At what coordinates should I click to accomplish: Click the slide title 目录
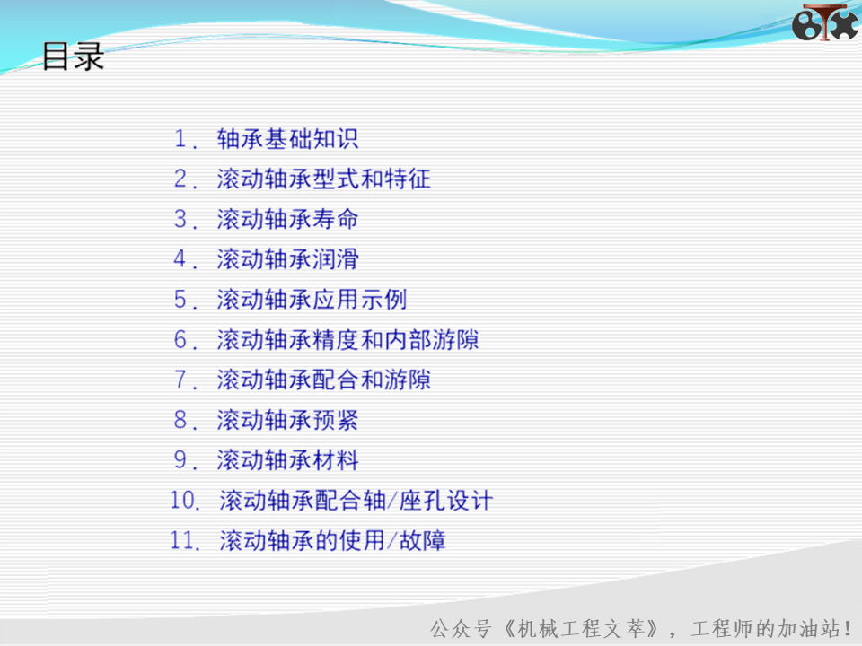[73, 57]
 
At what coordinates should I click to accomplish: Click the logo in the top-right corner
[824, 22]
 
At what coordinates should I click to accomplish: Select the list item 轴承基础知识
[287, 139]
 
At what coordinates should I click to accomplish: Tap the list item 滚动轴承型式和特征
[323, 179]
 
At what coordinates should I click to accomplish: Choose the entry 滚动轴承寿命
[287, 219]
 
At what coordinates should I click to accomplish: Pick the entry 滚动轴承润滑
[287, 259]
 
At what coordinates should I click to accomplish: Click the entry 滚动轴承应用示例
[312, 300]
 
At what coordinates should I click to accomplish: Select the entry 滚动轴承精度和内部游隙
[347, 339]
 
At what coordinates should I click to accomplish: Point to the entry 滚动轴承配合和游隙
[323, 380]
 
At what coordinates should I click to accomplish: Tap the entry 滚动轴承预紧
[287, 420]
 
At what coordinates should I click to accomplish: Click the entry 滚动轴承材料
[287, 460]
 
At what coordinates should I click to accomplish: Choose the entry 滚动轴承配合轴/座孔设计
[356, 501]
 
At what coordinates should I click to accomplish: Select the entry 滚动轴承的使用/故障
[332, 540]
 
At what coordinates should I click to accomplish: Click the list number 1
[180, 138]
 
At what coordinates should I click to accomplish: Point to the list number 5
[180, 300]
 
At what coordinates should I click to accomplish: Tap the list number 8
[180, 420]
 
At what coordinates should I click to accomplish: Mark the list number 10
[183, 501]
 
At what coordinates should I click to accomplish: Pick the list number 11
[183, 540]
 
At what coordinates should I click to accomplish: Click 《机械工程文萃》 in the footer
[581, 628]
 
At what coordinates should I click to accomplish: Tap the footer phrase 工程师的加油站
[765, 628]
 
